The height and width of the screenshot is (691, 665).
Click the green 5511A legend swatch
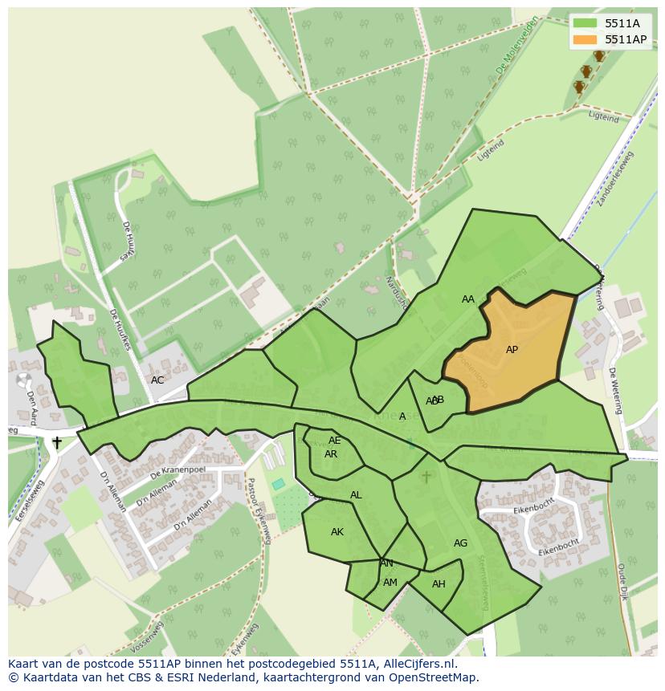coord(585,23)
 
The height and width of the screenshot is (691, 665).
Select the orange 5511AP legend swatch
coord(585,39)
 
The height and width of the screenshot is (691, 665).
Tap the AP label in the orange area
coord(512,350)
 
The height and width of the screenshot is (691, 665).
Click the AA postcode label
coord(468,299)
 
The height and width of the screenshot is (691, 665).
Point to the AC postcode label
coord(157,380)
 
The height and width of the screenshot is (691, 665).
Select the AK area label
coord(337,532)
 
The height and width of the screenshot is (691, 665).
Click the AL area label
coord(356,495)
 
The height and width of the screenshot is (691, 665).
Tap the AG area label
coord(460,543)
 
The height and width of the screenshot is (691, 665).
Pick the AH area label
coord(439,584)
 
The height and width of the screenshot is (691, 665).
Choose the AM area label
coord(390,583)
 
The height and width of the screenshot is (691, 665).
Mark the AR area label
coord(331,454)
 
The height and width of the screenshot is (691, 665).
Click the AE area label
coord(335,441)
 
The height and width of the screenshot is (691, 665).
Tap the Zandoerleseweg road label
coord(615,179)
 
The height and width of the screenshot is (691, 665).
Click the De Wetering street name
coord(616,391)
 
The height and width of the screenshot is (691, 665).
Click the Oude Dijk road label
coord(622,582)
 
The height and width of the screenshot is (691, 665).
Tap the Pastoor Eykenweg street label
coord(259,511)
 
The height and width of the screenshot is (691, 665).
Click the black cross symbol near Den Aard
coord(57,442)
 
